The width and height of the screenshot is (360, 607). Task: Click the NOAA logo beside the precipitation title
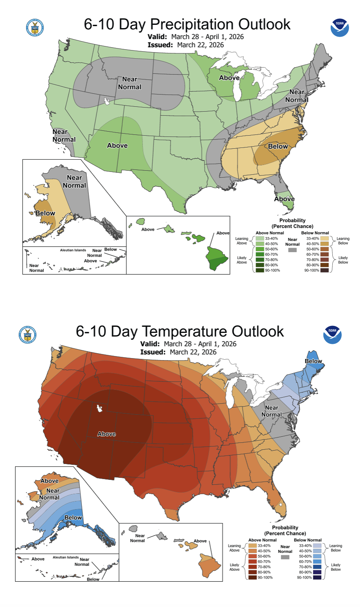point(340,27)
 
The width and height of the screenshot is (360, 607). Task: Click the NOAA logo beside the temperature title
point(332,334)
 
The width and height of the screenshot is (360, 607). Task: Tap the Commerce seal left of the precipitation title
point(35,28)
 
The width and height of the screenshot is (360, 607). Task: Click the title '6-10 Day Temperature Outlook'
point(180,331)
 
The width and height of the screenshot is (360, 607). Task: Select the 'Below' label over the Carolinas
point(278,146)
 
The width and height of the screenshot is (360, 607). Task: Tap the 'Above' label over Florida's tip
point(284,199)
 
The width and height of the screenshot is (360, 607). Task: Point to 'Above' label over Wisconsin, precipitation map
point(229,78)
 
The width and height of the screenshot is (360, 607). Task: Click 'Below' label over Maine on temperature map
point(314,361)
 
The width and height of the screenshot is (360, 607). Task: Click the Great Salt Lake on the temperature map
point(98,407)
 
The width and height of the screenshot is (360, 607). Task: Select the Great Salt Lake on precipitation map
point(107,100)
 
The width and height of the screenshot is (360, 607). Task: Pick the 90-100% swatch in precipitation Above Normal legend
point(259,270)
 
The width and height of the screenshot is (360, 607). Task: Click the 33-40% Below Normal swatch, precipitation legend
point(324,238)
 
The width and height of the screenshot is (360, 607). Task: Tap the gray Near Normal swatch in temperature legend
point(285,557)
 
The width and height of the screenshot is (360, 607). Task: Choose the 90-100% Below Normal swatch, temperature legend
point(317,577)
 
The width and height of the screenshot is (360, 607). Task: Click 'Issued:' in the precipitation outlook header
point(160,45)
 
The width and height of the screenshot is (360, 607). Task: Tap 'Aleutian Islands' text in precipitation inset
point(73,250)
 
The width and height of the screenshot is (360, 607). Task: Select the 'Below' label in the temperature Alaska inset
point(73,517)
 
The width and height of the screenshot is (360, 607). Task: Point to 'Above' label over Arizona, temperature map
point(107,434)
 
